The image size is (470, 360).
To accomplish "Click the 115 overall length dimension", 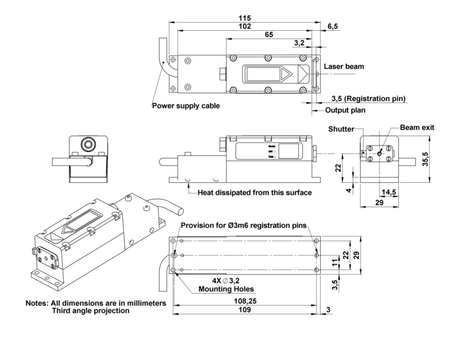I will (x=244, y=18).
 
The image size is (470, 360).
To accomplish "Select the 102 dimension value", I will (x=244, y=26).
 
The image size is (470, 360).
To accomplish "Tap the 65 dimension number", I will (x=269, y=35).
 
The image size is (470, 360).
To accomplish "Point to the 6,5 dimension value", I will (x=333, y=26).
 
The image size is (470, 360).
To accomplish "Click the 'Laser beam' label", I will (x=344, y=67).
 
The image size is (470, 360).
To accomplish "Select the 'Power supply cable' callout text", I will (x=186, y=106).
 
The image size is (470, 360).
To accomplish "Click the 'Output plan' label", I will (x=345, y=111).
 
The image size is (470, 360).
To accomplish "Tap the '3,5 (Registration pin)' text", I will (x=368, y=99).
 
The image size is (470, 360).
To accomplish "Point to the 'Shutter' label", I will (x=341, y=129).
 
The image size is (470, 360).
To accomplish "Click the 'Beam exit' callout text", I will (x=417, y=128).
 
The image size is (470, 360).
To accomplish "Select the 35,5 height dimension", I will (x=426, y=159).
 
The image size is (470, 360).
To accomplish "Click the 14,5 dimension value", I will (x=389, y=192).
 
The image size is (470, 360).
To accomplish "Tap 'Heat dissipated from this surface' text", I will (x=255, y=193).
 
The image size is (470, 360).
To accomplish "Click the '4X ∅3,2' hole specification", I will (x=226, y=281).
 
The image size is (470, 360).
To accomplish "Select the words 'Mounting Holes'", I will (x=226, y=289).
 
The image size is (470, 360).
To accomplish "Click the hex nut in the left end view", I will (x=88, y=144).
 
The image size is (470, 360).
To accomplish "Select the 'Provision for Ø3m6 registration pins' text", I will (x=244, y=226).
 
